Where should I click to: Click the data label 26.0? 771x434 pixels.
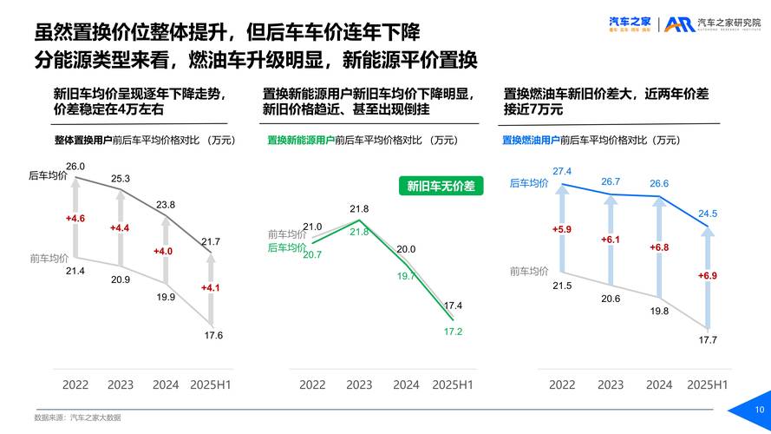click(75, 167)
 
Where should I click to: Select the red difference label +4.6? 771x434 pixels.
click(75, 219)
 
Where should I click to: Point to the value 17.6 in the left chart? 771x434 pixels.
click(213, 335)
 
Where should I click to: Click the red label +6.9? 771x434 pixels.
click(708, 275)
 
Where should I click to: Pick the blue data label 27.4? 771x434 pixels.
click(562, 172)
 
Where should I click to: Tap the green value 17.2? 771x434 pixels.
click(453, 332)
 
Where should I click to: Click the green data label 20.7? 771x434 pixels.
click(312, 255)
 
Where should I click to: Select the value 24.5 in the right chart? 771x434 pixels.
click(708, 214)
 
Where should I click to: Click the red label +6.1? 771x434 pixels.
click(611, 240)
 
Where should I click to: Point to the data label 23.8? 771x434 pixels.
click(166, 205)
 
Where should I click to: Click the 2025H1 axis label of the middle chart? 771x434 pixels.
click(453, 385)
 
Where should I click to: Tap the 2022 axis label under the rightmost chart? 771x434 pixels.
click(562, 385)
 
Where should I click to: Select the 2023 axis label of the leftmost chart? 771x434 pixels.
click(121, 385)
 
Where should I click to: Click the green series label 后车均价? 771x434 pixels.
click(287, 247)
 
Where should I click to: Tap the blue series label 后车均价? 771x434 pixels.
click(529, 183)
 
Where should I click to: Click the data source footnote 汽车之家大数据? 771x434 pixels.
click(95, 418)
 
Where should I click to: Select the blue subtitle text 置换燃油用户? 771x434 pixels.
click(531, 139)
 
